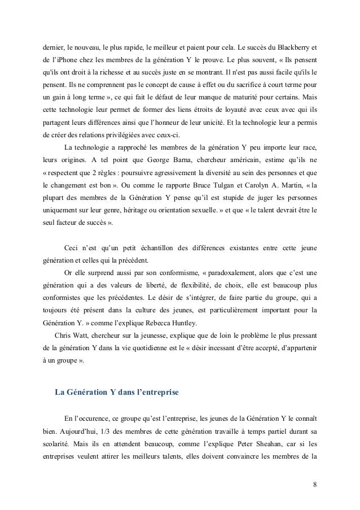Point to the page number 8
point(314,485)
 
